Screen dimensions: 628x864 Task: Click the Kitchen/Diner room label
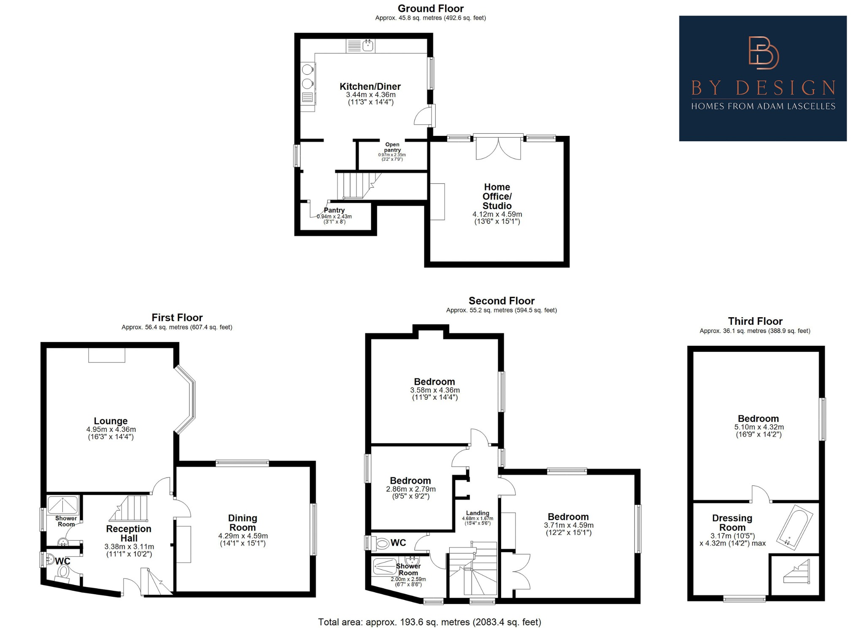point(370,86)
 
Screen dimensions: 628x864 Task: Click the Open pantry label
point(392,147)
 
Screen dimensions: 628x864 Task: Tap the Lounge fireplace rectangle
point(107,355)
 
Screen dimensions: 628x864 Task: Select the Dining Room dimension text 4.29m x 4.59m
point(243,536)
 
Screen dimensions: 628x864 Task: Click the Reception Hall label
point(129,534)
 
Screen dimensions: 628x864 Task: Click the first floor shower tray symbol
point(63,504)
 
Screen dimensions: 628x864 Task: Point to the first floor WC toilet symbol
point(63,572)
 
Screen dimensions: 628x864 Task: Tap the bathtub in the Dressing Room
point(795,527)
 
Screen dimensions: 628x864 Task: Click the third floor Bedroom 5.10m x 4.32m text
point(759,427)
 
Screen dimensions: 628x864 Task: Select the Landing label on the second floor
point(477,513)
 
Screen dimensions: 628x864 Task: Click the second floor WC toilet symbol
point(382,543)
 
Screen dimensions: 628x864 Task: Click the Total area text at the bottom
point(429,622)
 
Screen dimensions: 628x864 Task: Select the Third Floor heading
point(755,321)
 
